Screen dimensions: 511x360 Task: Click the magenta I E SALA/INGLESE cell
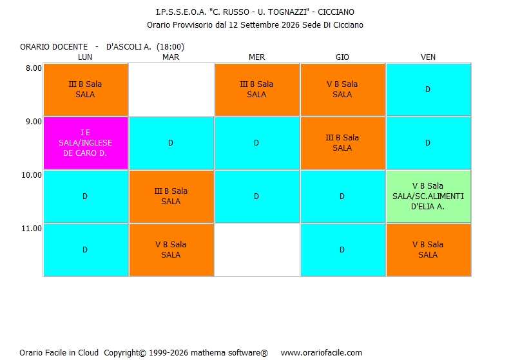pos(86,143)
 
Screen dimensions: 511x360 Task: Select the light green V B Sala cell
pos(429,196)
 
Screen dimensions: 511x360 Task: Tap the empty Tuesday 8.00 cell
pos(171,90)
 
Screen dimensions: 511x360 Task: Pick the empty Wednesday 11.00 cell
pos(257,250)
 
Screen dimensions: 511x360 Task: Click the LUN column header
pos(85,57)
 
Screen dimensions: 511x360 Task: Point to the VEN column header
pos(428,57)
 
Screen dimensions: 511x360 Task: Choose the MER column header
pos(257,57)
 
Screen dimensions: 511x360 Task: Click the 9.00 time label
pos(34,122)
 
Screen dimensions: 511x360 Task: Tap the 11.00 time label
pos(32,229)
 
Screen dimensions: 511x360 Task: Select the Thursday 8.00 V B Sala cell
pos(343,90)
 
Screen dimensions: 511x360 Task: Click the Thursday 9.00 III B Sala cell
pos(343,143)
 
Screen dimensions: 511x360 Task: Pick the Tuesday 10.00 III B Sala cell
pos(171,196)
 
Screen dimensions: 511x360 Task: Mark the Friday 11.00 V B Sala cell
pos(429,250)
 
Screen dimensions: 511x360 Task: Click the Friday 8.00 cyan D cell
pos(429,90)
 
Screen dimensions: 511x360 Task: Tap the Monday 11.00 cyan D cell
pos(86,250)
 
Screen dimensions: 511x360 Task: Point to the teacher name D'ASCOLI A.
pos(129,47)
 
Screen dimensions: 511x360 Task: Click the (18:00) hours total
pos(171,47)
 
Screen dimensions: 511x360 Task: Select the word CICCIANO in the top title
pos(336,12)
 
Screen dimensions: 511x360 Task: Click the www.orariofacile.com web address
pos(322,352)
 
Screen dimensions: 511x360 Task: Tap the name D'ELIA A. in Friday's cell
pos(428,207)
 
